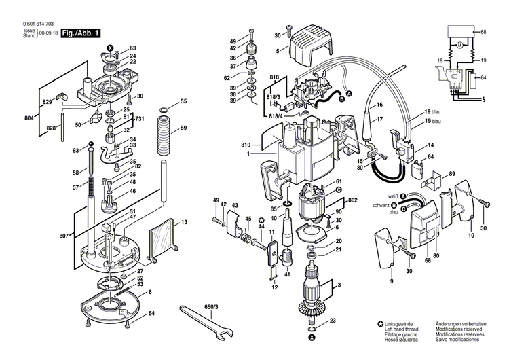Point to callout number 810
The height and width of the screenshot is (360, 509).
(246, 145)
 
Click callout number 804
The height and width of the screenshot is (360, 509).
(29, 118)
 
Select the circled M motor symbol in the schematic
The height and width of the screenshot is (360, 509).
(459, 46)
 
